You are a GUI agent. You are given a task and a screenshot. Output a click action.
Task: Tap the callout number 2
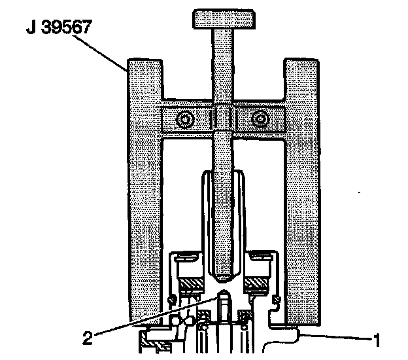coord(86,339)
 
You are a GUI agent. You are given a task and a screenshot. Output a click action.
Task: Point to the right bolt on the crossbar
coord(261,120)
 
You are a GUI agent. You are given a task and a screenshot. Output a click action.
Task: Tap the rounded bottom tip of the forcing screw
coord(222,272)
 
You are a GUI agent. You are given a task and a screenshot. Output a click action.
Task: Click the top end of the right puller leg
coord(301,62)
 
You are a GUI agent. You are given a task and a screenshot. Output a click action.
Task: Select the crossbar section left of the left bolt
coord(169,120)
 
